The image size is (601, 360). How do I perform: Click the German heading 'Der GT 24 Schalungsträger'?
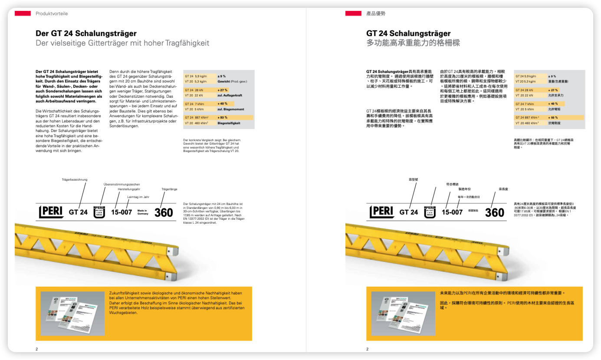86,33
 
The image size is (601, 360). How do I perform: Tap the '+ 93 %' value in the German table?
223,118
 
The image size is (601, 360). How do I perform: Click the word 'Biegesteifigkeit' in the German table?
229,123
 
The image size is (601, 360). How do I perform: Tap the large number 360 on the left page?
164,212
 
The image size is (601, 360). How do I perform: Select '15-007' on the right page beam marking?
452,212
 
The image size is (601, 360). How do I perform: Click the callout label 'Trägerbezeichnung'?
75,179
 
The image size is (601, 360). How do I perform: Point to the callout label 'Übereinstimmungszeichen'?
122,184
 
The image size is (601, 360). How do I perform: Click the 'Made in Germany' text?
142,212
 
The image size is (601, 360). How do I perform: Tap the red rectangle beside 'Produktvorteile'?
23,13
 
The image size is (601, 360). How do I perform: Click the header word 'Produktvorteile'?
52,13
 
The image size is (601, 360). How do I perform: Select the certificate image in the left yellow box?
72,313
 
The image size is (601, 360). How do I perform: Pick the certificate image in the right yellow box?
403,313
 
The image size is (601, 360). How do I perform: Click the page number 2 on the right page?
367,349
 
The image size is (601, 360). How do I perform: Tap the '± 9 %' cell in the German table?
221,76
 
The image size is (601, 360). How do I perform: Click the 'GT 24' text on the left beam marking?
78,212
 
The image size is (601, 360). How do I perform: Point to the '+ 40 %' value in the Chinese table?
553,104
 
